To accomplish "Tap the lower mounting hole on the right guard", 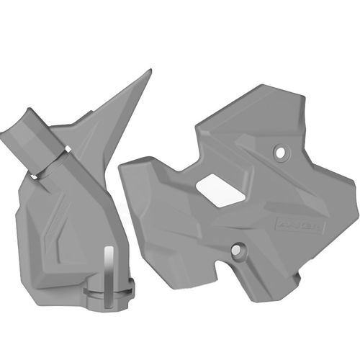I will point(237,251).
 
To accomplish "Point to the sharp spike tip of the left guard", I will point(150,71).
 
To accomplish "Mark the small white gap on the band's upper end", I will point(67,149).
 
